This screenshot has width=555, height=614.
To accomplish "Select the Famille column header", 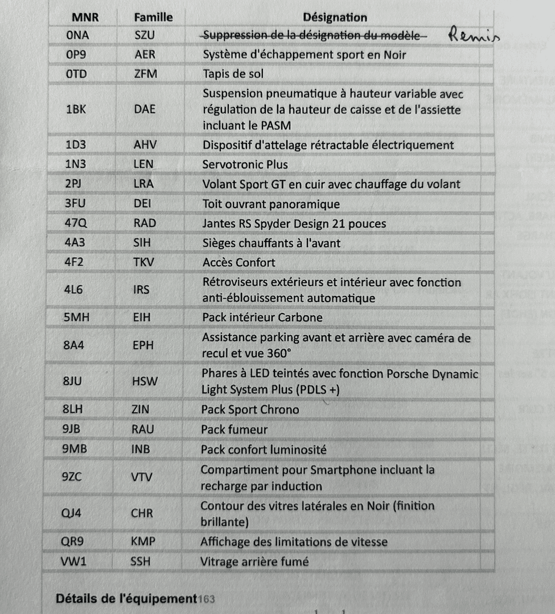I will pyautogui.click(x=153, y=17).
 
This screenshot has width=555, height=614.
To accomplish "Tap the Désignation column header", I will pyautogui.click(x=335, y=17).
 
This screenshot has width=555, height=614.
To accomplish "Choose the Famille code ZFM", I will pyautogui.click(x=145, y=74).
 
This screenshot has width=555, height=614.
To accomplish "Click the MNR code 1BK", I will pyautogui.click(x=76, y=109).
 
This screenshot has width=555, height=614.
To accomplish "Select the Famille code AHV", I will pyautogui.click(x=145, y=145).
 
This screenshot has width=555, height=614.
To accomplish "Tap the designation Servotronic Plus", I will pyautogui.click(x=245, y=164).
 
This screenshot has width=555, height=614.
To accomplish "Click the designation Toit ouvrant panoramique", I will pyautogui.click(x=271, y=204).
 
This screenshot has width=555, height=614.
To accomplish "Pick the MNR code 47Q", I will pyautogui.click(x=77, y=223).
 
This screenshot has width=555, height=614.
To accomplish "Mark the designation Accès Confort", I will pyautogui.click(x=239, y=262).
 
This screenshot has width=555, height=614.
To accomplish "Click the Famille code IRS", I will pyautogui.click(x=141, y=290).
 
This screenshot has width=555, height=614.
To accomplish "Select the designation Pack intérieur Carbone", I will pyautogui.click(x=262, y=317).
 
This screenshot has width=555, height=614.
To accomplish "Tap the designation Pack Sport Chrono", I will pyautogui.click(x=250, y=409).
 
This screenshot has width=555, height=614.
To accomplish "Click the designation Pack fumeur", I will pyautogui.click(x=234, y=429).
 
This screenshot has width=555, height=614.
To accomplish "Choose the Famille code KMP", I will pyautogui.click(x=143, y=541).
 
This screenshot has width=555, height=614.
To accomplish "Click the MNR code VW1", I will pyautogui.click(x=74, y=561).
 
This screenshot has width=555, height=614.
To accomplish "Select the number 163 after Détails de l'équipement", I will pyautogui.click(x=206, y=599).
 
